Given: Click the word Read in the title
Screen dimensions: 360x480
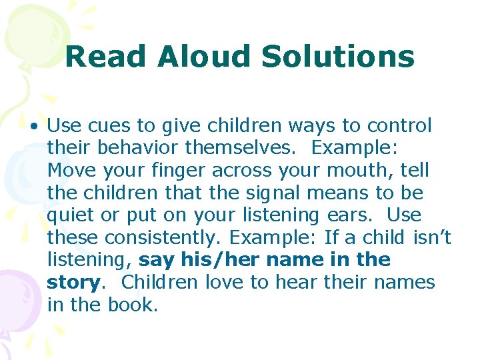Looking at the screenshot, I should (x=106, y=57).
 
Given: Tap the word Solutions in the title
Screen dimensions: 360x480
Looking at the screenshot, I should (x=337, y=57).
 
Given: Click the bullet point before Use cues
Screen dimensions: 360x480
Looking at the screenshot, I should (x=34, y=125).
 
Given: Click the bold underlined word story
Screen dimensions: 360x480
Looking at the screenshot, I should (x=73, y=283).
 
